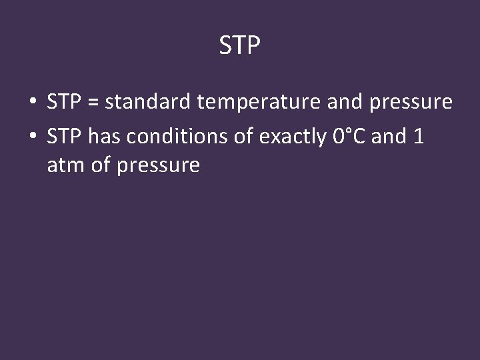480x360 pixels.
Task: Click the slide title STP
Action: pyautogui.click(x=240, y=46)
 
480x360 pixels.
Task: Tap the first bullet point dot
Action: pyautogui.click(x=31, y=103)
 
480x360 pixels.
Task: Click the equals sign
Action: pyautogui.click(x=93, y=103)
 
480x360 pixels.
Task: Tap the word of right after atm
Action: pyautogui.click(x=100, y=165)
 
